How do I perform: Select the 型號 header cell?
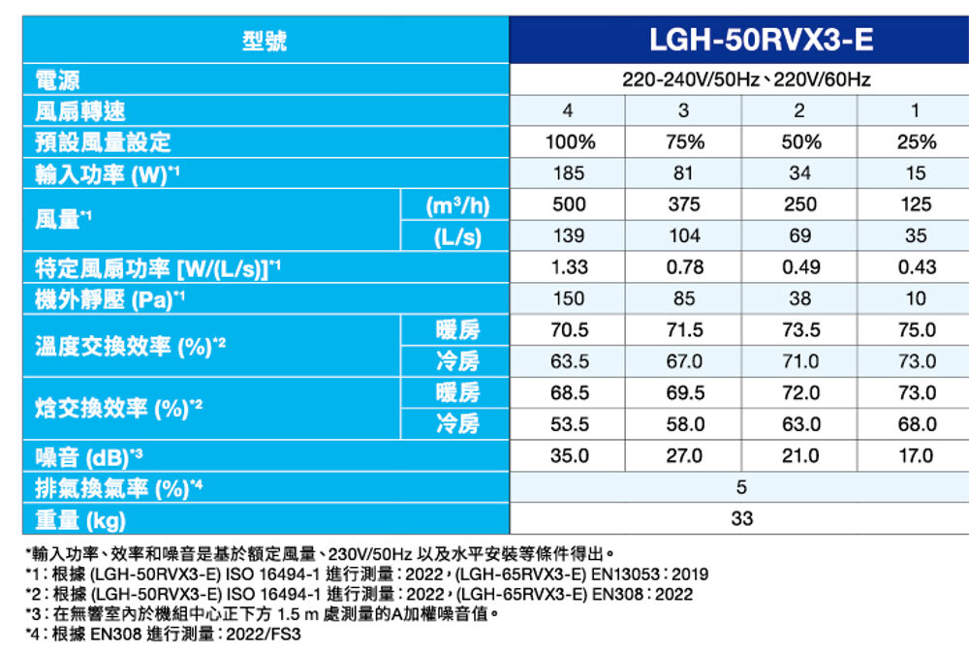point(264,41)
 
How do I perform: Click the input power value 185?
point(569,173)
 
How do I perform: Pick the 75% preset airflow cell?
point(684,142)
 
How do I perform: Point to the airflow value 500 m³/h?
point(569,204)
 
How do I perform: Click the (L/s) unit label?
point(454,236)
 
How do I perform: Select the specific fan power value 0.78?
point(684,267)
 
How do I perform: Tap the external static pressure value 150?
point(569,298)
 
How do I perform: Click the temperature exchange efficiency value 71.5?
point(684,330)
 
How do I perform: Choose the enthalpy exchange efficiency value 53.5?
point(569,424)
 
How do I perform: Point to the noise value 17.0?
point(916,455)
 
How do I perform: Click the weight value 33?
point(742,518)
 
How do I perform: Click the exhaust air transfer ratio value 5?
point(742,487)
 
